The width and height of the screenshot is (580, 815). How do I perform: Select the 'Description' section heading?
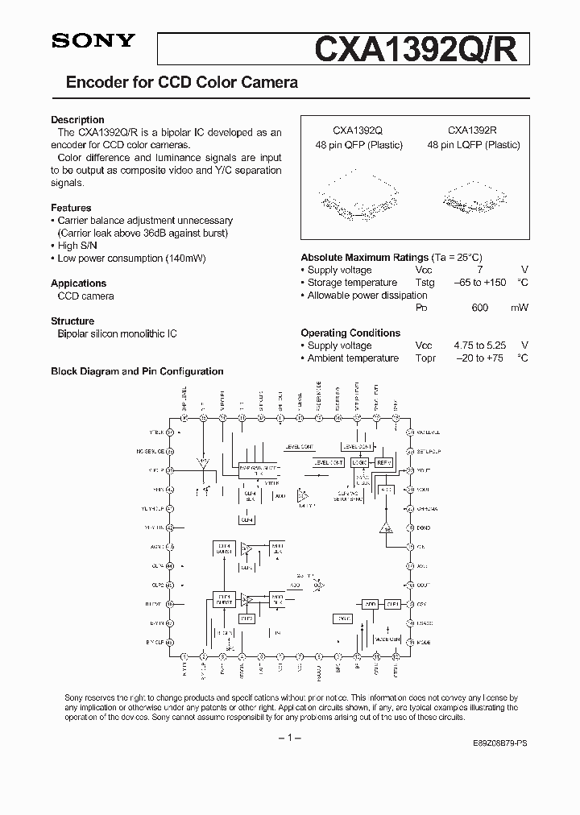click(77, 120)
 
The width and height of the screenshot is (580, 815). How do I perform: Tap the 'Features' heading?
click(71, 208)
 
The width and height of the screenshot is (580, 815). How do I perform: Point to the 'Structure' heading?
click(72, 321)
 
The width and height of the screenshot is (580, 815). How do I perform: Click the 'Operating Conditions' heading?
click(350, 333)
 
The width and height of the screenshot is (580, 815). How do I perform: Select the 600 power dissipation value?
click(479, 308)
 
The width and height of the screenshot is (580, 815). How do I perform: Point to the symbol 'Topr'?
click(425, 358)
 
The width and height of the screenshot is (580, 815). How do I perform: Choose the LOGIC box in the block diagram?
click(359, 463)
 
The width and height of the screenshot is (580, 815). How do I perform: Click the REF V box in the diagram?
click(383, 463)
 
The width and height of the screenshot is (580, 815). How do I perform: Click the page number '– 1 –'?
click(290, 738)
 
